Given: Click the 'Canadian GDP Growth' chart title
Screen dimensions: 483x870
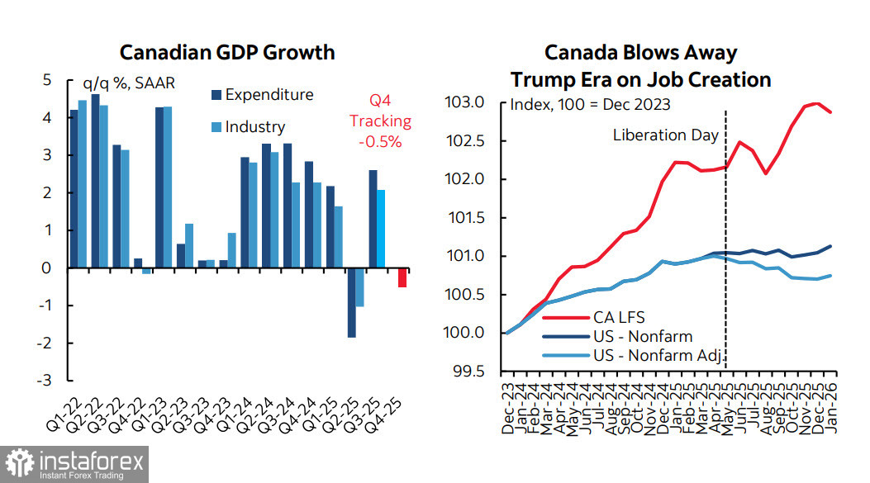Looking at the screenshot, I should (x=227, y=53).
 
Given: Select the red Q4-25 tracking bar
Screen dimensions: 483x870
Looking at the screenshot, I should (x=402, y=277).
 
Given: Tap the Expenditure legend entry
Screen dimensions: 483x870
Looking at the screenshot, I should (x=263, y=95).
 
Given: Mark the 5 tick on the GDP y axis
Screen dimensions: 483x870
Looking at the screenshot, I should (x=48, y=80).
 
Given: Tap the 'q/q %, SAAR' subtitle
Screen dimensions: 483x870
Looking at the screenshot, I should (x=129, y=83).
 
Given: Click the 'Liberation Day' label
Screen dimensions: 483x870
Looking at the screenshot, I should (x=666, y=135).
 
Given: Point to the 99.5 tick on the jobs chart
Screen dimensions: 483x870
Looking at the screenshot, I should (x=478, y=372).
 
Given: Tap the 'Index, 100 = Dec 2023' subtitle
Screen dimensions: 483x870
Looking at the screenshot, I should (x=590, y=105).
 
